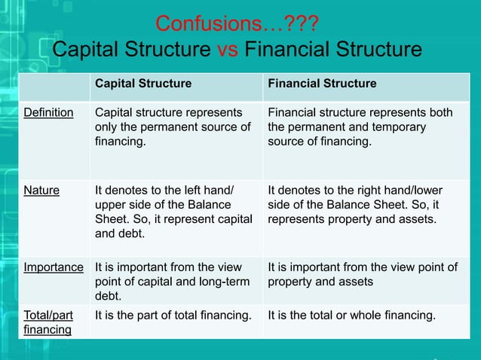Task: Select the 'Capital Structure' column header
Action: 142,84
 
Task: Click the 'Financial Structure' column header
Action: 322,84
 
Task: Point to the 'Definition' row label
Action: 49,113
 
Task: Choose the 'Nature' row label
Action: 41,191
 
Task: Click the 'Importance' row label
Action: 54,267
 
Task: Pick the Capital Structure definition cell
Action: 173,127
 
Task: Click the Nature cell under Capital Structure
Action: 173,212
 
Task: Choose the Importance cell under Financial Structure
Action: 363,274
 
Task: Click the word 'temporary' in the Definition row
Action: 399,127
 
